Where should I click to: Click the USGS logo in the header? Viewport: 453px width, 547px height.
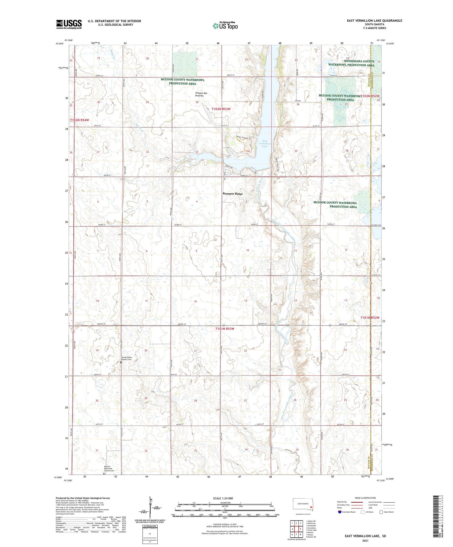pos(69,24)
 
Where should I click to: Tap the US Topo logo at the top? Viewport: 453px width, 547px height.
pos(225,26)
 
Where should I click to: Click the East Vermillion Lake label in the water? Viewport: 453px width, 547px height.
pos(265,143)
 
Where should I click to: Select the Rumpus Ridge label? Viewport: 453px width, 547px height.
pos(233,194)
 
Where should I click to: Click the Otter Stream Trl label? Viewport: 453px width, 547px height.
pos(244,138)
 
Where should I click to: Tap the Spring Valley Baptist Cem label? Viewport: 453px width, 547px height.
pos(127,358)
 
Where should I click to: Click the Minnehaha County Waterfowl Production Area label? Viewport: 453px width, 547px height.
pos(351,63)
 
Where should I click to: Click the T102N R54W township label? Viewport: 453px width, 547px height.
pos(80,120)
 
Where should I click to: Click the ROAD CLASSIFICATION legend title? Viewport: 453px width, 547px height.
pos(365,498)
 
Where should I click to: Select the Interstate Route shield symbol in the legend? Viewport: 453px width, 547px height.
pos(339,512)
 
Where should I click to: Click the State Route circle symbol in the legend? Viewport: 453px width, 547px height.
pos(381,512)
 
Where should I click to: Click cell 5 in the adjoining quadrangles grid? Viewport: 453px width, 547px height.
pos(301,529)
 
